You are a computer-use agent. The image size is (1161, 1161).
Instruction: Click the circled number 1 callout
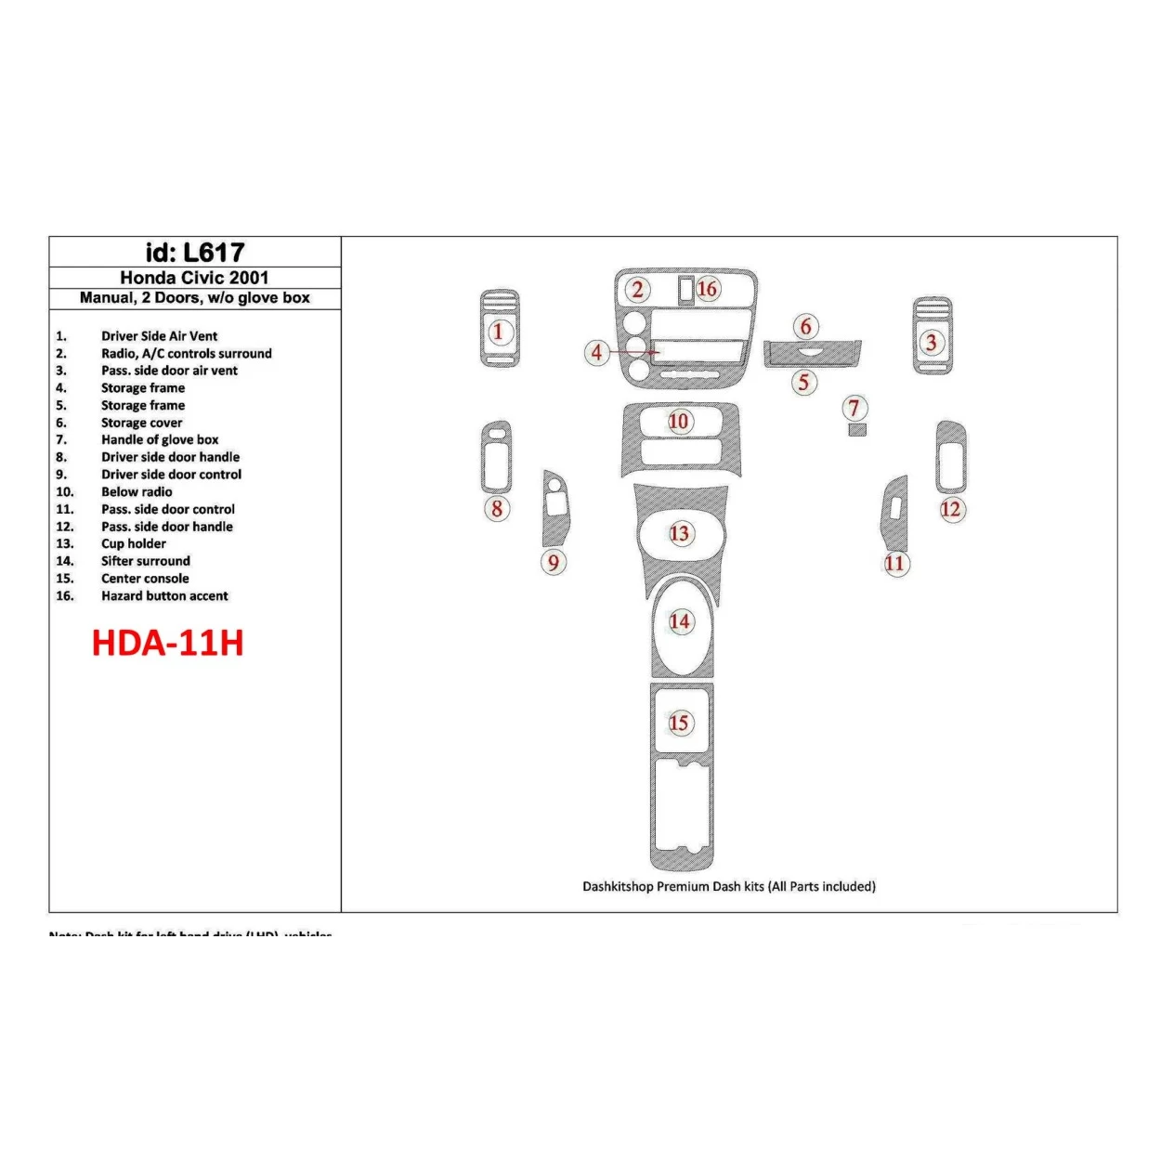[x=499, y=332]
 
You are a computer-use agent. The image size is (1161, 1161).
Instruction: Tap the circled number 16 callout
[x=708, y=289]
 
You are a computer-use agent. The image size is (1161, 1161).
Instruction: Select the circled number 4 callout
[x=597, y=352]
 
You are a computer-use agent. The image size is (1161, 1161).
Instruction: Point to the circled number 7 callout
[x=854, y=407]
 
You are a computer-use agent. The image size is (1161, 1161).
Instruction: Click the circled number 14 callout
[x=681, y=621]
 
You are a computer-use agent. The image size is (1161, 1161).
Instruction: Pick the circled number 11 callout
[x=895, y=563]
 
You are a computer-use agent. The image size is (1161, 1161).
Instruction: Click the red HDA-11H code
[x=168, y=643]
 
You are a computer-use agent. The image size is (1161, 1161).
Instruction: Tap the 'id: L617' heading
[x=195, y=253]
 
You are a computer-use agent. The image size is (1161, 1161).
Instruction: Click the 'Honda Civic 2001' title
[x=195, y=278]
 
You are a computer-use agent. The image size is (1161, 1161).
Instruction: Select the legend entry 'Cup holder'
[x=134, y=544]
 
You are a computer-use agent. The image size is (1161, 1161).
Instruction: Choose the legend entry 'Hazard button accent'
[x=164, y=596]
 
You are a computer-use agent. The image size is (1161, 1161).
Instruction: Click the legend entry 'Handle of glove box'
[x=160, y=440]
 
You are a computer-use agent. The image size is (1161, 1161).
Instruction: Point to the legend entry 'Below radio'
[x=137, y=492]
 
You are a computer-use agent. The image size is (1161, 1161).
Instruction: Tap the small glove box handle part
[x=856, y=430]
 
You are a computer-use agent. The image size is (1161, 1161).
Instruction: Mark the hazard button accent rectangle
[x=685, y=290]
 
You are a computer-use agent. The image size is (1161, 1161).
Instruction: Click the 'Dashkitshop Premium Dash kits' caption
[x=729, y=887]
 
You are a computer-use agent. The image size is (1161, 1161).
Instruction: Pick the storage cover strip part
[x=812, y=354]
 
